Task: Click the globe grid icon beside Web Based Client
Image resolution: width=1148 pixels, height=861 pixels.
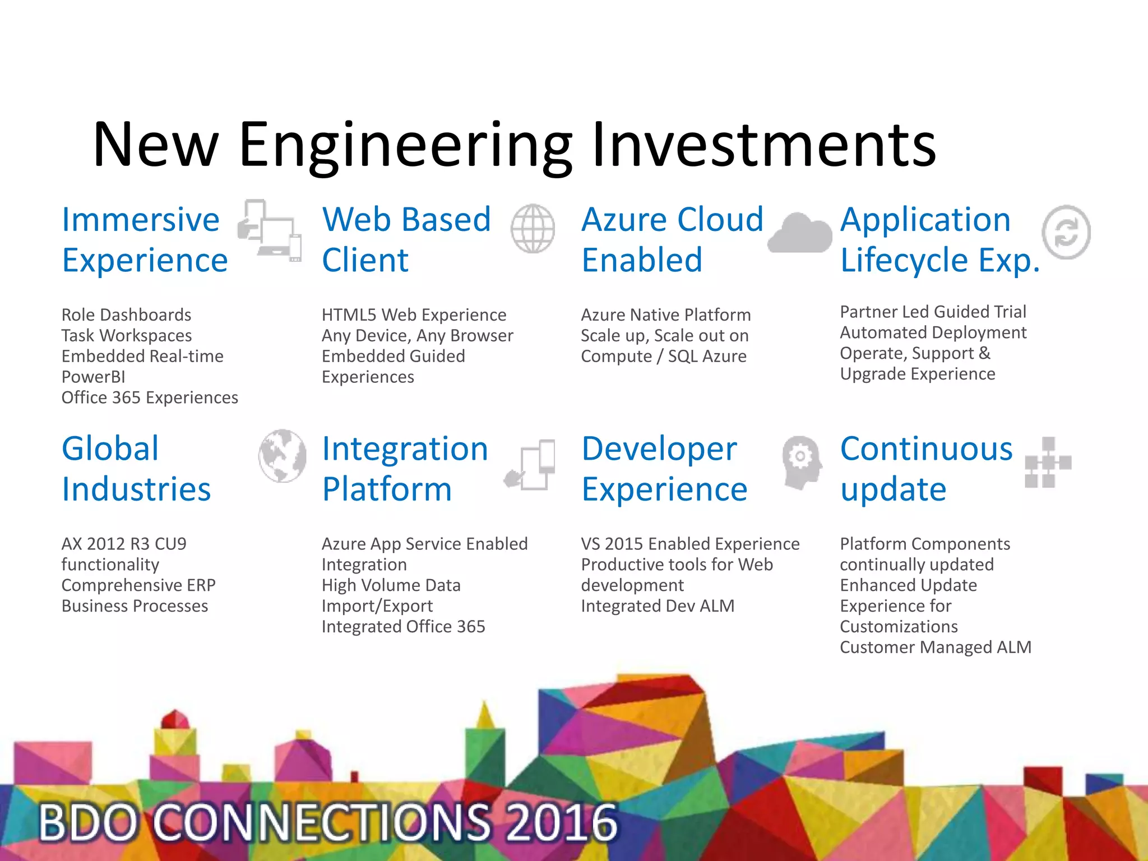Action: [x=533, y=229]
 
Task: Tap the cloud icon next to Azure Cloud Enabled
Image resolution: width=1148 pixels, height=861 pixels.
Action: [x=800, y=234]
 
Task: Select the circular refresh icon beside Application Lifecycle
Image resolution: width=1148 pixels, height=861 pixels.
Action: [x=1066, y=232]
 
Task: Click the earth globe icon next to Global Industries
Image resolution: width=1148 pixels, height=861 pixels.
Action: [x=282, y=456]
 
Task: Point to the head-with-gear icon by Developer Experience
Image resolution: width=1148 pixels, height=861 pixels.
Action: [x=802, y=462]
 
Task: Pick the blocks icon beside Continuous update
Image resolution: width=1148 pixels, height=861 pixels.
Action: [x=1047, y=463]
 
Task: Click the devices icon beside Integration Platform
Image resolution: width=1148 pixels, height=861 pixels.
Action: [x=531, y=465]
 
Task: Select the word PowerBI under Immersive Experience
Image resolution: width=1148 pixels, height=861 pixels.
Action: [x=93, y=377]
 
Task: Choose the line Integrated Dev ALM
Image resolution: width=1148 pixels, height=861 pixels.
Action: [x=658, y=606]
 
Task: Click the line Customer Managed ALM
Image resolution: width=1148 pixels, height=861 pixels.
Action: [x=935, y=647]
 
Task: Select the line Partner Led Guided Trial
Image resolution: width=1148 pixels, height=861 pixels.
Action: [x=933, y=312]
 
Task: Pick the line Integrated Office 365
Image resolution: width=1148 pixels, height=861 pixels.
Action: [x=403, y=627]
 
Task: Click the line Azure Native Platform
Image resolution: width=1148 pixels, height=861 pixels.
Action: [x=665, y=315]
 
